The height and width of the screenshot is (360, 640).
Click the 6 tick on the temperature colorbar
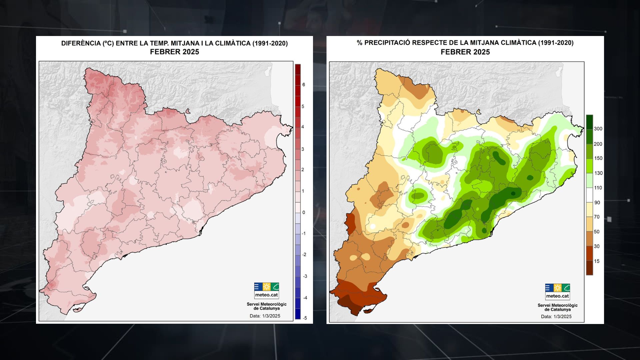point(303,85)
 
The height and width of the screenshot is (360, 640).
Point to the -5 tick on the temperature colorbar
point(305,318)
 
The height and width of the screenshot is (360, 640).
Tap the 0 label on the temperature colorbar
point(303,212)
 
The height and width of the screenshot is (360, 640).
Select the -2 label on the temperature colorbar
point(304,255)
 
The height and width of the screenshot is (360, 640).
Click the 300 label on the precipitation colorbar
point(598,129)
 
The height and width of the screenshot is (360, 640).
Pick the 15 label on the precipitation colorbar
point(597,261)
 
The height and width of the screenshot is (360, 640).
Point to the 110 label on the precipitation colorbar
point(598,188)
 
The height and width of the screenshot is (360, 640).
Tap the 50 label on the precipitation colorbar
point(597,232)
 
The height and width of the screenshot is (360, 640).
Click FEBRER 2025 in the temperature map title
point(174,52)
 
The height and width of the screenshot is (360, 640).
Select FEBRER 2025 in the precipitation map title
point(465,52)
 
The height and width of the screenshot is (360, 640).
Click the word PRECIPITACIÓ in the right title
point(387,43)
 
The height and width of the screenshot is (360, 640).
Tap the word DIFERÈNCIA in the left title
point(81,43)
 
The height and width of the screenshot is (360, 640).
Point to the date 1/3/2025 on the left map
point(271,316)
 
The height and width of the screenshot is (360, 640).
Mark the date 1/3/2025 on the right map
point(562,316)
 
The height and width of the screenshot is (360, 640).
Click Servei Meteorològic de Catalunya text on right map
point(557,307)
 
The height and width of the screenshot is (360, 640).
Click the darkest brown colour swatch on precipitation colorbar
point(589,268)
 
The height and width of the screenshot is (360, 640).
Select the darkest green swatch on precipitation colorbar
point(589,122)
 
